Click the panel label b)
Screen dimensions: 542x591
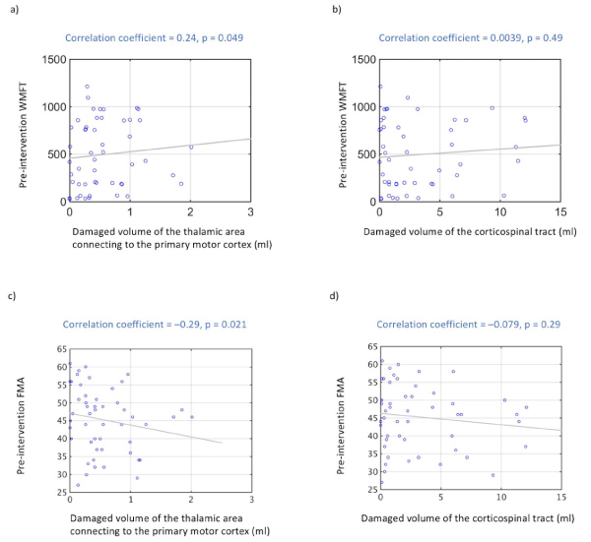[307, 8]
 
